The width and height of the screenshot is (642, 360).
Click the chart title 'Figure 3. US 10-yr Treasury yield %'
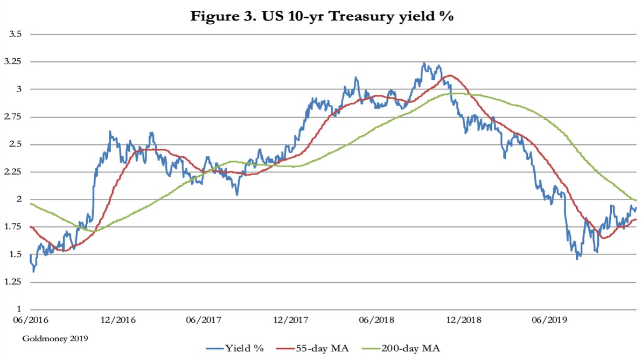321,16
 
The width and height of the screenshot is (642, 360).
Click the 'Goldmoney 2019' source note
55,338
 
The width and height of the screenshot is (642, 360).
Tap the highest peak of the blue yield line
424,63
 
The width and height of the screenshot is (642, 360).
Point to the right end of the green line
636,200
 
